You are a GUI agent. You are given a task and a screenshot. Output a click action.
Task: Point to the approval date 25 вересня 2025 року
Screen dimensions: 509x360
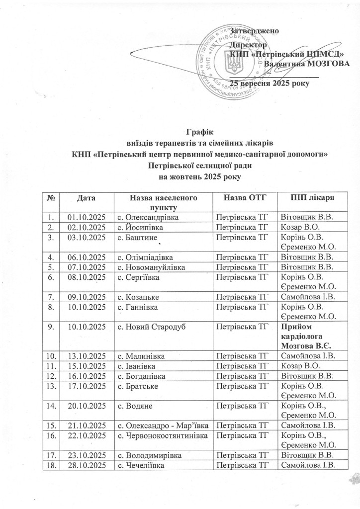[x=270, y=83]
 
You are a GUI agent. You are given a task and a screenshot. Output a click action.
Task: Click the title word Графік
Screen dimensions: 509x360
[x=199, y=132]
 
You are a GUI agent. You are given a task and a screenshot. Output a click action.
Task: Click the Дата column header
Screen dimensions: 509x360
[x=87, y=198]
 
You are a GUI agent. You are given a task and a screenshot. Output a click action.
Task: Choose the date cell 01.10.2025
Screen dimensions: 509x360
[x=87, y=217]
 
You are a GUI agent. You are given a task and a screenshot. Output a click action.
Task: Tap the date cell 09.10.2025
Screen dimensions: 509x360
[x=87, y=297]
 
